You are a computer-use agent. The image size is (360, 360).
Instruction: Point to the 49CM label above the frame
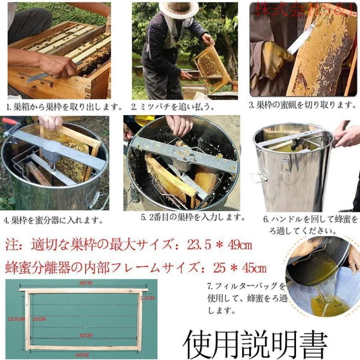click(x=86, y=283)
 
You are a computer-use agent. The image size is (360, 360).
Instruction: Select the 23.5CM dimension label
click(x=16, y=319)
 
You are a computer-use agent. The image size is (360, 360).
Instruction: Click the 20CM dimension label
click(x=39, y=319)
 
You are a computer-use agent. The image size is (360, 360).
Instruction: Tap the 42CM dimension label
click(x=86, y=336)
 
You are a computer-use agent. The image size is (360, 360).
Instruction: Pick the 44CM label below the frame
click(x=82, y=355)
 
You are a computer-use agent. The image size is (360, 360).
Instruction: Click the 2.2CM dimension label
click(x=147, y=298)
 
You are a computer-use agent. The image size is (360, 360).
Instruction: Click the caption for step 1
click(x=64, y=107)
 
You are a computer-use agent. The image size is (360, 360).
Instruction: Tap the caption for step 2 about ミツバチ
click(x=173, y=107)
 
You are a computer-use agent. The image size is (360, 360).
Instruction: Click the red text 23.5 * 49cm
click(x=220, y=245)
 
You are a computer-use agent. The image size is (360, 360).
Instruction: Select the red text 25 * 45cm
click(x=240, y=268)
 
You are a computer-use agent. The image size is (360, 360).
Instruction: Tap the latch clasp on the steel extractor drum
click(x=285, y=166)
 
